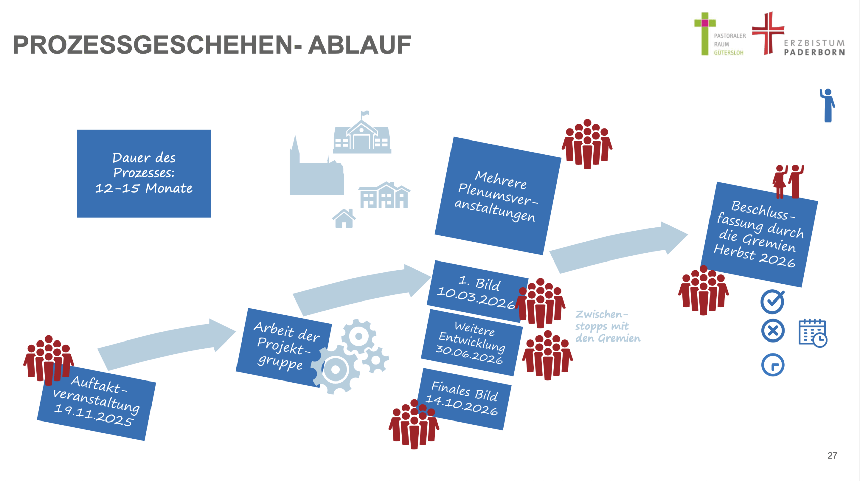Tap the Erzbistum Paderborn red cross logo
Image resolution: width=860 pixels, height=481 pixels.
tap(768, 33)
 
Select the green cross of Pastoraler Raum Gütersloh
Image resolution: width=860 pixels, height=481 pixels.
tap(705, 34)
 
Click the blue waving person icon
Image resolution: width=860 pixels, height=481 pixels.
tap(828, 105)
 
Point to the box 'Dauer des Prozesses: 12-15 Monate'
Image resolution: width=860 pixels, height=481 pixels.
tap(144, 173)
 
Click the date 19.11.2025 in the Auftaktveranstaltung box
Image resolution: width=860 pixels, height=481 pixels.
tap(94, 415)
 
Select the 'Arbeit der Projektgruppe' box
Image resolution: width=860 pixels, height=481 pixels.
tap(284, 346)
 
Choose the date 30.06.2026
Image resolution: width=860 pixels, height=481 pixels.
tap(469, 354)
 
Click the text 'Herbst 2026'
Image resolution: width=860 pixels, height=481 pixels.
tap(754, 255)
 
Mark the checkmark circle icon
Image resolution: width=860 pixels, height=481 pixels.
tap(773, 301)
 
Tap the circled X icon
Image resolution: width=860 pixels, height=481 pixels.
tap(773, 331)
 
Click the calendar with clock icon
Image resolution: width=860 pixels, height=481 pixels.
tap(812, 333)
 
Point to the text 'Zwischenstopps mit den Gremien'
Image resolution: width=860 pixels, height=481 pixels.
tap(607, 326)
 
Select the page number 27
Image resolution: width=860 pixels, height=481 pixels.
tap(832, 455)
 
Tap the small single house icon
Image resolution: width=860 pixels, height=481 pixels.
tap(344, 219)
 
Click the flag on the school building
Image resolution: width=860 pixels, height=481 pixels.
tap(364, 114)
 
